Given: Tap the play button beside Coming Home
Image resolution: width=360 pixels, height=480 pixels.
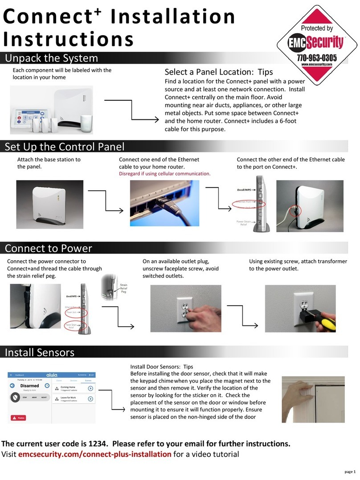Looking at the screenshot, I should [90, 388].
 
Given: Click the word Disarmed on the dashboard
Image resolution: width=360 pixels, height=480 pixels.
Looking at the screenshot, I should [30, 386].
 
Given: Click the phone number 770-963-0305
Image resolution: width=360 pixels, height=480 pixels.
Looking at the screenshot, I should [317, 58].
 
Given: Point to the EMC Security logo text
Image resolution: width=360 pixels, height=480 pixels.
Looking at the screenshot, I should [317, 43].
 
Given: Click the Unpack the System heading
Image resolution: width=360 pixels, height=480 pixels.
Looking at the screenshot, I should [51, 58].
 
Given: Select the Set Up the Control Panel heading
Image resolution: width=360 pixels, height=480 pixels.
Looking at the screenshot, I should [65, 147].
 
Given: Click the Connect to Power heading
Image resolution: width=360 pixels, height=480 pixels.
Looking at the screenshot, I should [48, 248].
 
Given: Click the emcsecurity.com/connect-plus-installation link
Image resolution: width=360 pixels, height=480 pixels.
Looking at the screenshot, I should [94, 454].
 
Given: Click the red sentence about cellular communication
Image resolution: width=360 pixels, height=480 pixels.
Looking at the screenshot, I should [164, 173].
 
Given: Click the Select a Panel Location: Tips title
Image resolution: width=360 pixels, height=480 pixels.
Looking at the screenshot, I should [218, 72].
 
